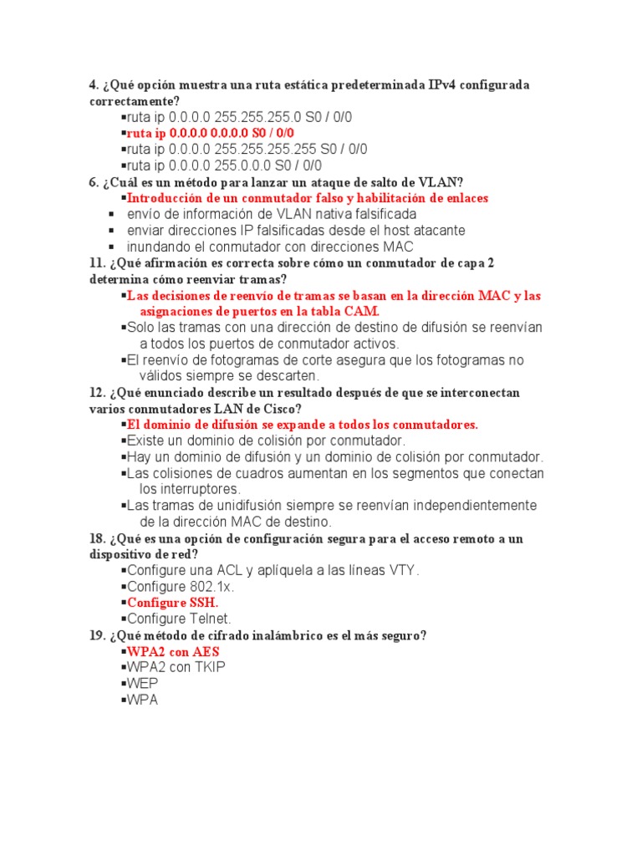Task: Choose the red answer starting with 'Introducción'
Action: pyautogui.click(x=307, y=198)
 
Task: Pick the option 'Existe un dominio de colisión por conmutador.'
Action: pyautogui.click(x=265, y=441)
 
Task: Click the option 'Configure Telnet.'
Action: pyautogui.click(x=178, y=619)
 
